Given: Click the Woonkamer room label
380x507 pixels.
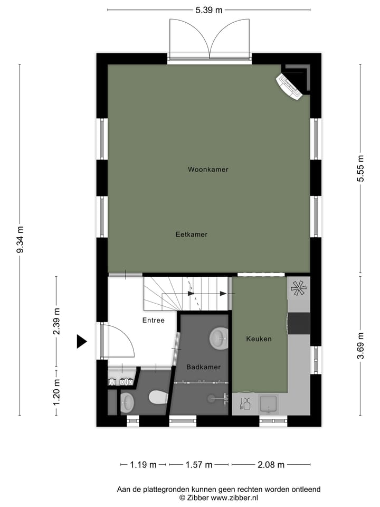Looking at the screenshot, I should pyautogui.click(x=208, y=170).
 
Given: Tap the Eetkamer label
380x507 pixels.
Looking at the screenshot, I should pyautogui.click(x=192, y=234).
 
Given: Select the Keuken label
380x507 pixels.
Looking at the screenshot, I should pyautogui.click(x=259, y=339).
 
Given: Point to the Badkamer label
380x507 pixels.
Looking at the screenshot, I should pyautogui.click(x=203, y=367).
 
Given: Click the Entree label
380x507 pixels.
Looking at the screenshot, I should pyautogui.click(x=153, y=320).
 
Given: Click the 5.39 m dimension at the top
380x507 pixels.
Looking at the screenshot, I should pyautogui.click(x=208, y=10).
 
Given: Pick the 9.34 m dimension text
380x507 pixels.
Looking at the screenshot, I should pyautogui.click(x=20, y=240).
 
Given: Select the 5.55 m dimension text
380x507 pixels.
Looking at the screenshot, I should pyautogui.click(x=360, y=169).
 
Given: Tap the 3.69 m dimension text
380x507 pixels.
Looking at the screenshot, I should pyautogui.click(x=360, y=346).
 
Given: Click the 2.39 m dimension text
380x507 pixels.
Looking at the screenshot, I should pyautogui.click(x=56, y=321).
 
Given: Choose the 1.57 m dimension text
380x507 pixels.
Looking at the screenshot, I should pyautogui.click(x=198, y=465).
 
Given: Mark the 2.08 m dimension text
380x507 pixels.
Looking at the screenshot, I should pyautogui.click(x=271, y=465).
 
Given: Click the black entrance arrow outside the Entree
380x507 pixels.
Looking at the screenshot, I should pyautogui.click(x=81, y=342).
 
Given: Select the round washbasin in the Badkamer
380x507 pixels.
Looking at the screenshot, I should pyautogui.click(x=218, y=339).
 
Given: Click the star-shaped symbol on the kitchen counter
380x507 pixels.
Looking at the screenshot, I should pyautogui.click(x=298, y=288).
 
